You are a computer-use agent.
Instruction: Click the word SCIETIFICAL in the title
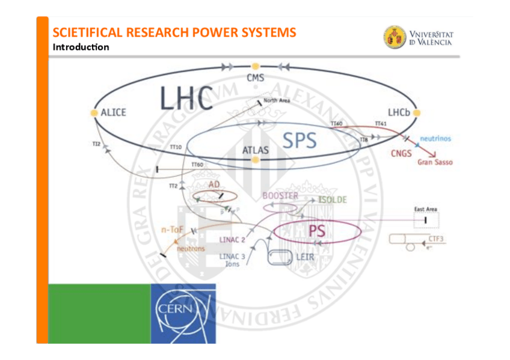point(90,32)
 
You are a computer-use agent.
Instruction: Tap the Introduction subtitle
point(81,47)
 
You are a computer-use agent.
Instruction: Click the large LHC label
point(186,99)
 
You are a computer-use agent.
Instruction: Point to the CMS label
point(256,78)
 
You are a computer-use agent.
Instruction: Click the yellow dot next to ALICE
point(94,112)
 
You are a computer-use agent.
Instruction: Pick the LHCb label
point(399,112)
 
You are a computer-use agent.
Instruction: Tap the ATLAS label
point(256,150)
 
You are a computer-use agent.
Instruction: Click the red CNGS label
point(401,153)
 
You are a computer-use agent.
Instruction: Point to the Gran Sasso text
point(435,162)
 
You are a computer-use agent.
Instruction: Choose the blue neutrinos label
point(435,139)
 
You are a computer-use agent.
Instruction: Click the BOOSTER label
point(280,196)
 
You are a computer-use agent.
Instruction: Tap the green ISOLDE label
point(333,200)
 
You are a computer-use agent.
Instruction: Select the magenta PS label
point(317,231)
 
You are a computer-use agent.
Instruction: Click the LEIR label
point(305,257)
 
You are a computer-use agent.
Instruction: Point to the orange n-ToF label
point(173,229)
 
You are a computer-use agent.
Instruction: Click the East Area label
point(426,209)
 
